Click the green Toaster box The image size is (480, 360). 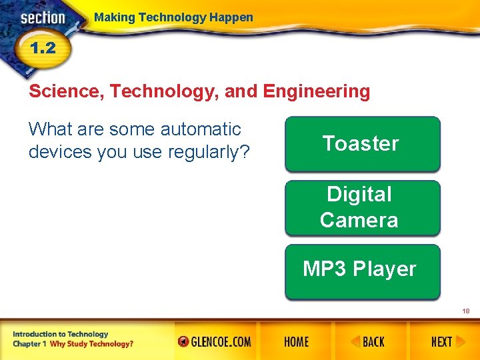362,144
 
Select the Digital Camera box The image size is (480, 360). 362,207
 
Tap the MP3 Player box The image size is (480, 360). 362,270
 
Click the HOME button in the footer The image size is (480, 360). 296,342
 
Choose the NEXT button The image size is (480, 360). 441,342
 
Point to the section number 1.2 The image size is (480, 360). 41,49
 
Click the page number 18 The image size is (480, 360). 466,311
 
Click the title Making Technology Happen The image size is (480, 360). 173,17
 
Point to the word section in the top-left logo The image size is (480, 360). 43,18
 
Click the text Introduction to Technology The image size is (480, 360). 60,334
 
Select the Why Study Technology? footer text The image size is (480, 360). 91,344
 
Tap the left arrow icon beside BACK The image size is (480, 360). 355,342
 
